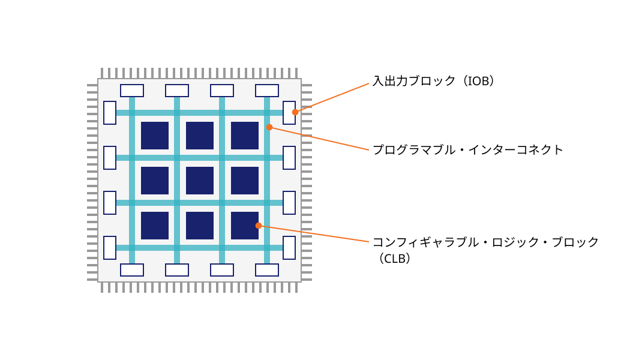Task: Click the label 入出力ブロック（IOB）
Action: point(433,81)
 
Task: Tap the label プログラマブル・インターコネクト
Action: point(468,150)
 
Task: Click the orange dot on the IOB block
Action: point(295,112)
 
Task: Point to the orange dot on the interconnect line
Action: point(269,127)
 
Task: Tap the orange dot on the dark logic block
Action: point(259,226)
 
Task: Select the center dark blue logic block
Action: point(200,181)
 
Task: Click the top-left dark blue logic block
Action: point(155,136)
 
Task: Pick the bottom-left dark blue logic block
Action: point(155,226)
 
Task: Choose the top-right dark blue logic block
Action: point(245,136)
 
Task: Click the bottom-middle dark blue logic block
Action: point(200,226)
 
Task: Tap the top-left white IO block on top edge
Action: point(132,91)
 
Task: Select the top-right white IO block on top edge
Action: point(267,91)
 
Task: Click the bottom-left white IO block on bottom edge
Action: point(132,270)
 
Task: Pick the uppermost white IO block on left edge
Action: point(110,113)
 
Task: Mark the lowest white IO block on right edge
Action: point(289,248)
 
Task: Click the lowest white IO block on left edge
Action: point(110,248)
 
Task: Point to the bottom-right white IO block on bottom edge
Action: point(267,270)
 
